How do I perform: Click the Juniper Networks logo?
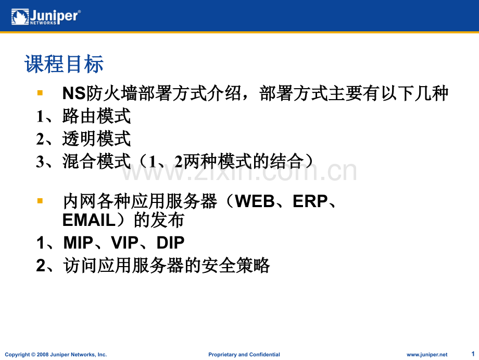46,17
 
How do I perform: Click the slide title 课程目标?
64,64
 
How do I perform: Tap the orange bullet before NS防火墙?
40,92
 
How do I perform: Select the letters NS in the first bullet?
73,93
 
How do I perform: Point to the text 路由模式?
96,116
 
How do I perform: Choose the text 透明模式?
96,139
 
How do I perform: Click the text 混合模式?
96,161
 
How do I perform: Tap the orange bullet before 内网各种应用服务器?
40,201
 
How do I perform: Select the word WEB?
255,201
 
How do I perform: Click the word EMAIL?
89,220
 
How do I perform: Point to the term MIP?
78,243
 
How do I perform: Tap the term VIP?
124,243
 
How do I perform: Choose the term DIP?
170,243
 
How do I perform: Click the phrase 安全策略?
236,265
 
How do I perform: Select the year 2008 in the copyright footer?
43,354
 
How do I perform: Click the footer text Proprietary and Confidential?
244,354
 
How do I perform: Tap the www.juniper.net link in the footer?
427,354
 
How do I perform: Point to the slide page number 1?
473,354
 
